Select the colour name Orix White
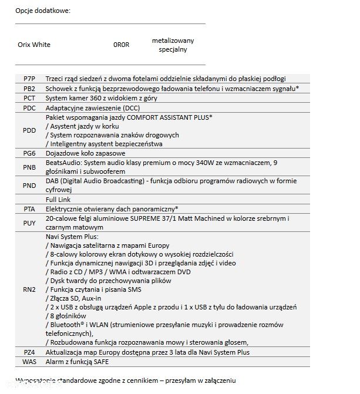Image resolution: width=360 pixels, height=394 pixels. coord(34,45)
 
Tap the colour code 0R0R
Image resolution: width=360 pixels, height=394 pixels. coord(121,45)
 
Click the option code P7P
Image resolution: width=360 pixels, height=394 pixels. coord(29,79)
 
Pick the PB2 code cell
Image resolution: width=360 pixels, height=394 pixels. coord(29,88)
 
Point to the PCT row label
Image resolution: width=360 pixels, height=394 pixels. coord(29,98)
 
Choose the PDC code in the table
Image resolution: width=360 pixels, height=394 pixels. coord(29,108)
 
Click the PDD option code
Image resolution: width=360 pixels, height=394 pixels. coord(29,130)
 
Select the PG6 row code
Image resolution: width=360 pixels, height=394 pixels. coord(29,153)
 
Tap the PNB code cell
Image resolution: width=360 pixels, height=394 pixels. coord(29,167)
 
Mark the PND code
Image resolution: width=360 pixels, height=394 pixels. coord(29,186)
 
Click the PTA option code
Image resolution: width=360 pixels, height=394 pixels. coord(29,208)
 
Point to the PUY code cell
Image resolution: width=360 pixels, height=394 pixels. coord(29,223)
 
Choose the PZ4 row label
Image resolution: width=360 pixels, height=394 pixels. coord(29,352)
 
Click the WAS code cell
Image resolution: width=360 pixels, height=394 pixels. coord(29,361)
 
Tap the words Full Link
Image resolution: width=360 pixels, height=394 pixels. coord(58,199)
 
